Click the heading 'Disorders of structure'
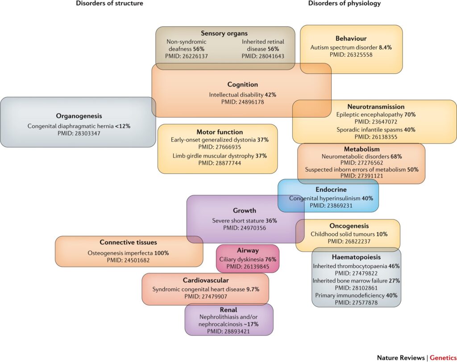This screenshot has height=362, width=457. click(x=109, y=4)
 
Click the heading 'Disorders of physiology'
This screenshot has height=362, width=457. click(x=344, y=4)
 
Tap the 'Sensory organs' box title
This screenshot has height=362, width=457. click(x=225, y=34)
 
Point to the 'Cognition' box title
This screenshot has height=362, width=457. click(x=242, y=84)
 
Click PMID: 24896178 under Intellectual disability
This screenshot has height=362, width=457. click(x=242, y=102)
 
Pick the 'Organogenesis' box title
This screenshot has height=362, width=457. click(x=79, y=116)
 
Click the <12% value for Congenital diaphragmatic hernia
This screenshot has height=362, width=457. click(x=122, y=126)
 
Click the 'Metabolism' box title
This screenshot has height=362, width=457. click(x=361, y=149)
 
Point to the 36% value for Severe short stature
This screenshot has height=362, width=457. click(x=271, y=220)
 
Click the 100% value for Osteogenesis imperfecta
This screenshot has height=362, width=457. click(x=162, y=253)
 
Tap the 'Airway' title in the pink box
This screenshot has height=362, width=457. click(x=248, y=251)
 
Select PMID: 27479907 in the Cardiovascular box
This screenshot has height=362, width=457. click(x=205, y=297)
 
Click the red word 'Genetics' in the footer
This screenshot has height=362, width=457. click(x=443, y=358)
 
